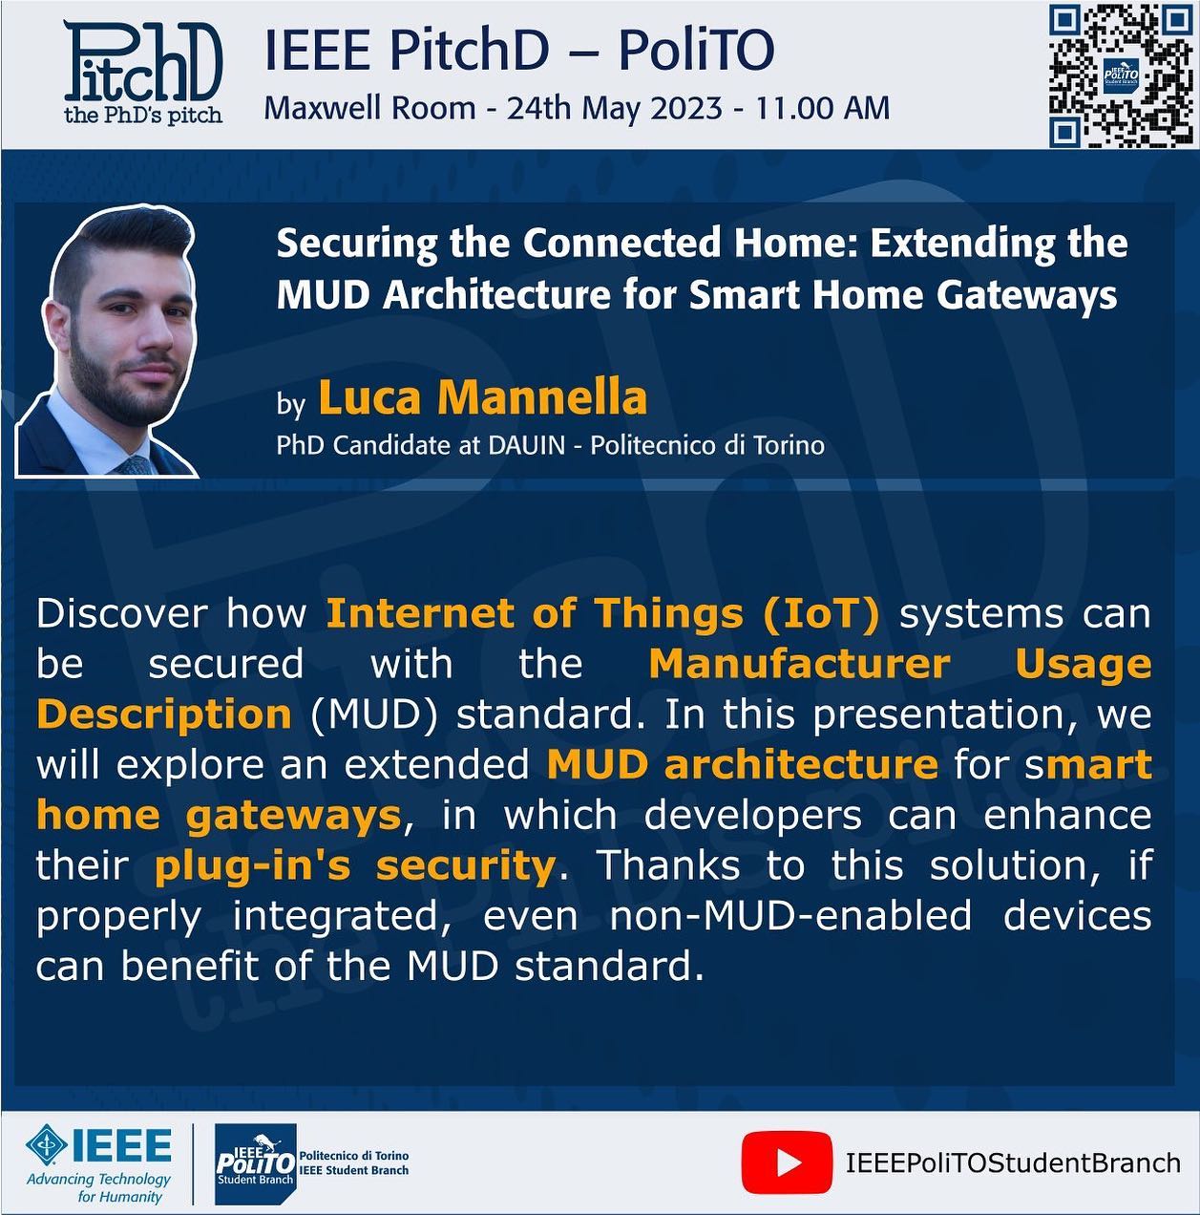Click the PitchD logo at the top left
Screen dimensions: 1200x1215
(143, 72)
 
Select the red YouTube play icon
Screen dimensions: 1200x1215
(787, 1162)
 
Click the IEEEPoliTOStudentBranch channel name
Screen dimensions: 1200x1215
(1013, 1162)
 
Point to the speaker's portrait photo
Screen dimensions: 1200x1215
(106, 340)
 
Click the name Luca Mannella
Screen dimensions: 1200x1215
(483, 397)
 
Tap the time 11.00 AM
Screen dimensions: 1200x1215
(823, 108)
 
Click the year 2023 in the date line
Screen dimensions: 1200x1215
(685, 108)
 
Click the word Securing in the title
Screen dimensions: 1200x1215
(357, 244)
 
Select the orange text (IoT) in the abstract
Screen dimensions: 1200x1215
(821, 613)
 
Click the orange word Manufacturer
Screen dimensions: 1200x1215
(800, 664)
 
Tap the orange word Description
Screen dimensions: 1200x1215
(164, 715)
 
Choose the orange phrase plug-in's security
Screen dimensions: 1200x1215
(355, 866)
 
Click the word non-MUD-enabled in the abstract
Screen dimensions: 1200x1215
(790, 915)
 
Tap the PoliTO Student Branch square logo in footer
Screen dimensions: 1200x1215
(255, 1162)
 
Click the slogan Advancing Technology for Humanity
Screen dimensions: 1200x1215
(99, 1187)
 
